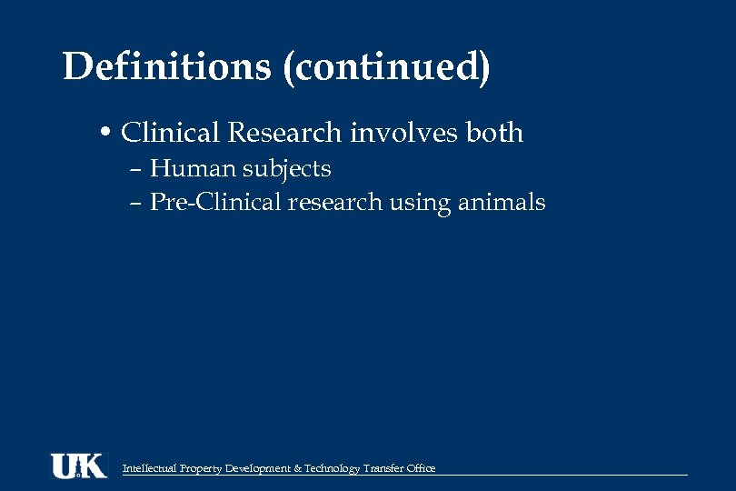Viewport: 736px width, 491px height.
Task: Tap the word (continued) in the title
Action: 386,68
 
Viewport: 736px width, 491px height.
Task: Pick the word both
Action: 494,133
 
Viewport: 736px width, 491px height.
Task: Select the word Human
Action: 189,169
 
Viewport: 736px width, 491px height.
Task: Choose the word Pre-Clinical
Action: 214,202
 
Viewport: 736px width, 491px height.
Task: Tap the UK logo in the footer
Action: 78,466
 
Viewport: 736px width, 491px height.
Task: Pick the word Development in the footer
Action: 258,469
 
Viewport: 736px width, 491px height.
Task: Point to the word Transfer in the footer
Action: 383,469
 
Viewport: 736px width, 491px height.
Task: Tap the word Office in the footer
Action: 422,469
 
